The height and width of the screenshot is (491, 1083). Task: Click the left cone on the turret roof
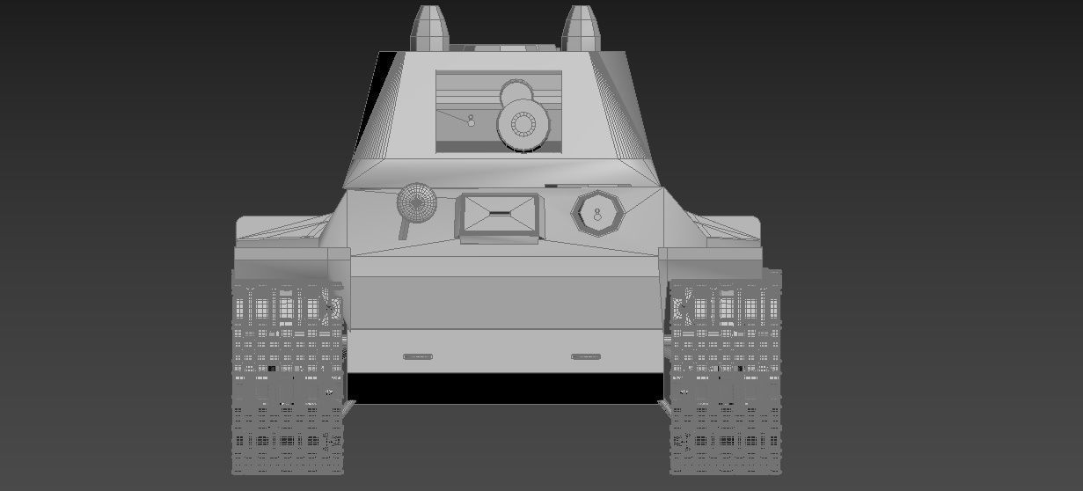430,27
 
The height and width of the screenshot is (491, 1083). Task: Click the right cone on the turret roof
582,27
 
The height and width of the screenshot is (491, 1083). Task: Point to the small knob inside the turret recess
471,121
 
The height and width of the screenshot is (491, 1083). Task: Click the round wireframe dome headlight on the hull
417,203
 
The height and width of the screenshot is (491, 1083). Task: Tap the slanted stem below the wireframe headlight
405,229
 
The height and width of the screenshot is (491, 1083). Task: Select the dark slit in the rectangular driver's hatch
498,214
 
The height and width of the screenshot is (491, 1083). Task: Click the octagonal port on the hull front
597,214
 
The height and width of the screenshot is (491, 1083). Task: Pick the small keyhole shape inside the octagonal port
597,214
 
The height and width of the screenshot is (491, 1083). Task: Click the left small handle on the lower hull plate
418,356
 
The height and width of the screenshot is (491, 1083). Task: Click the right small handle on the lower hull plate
586,356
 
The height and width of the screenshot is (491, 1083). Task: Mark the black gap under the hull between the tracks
505,388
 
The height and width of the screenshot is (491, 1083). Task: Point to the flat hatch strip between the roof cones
506,46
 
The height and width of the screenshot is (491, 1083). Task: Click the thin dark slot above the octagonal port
553,186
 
